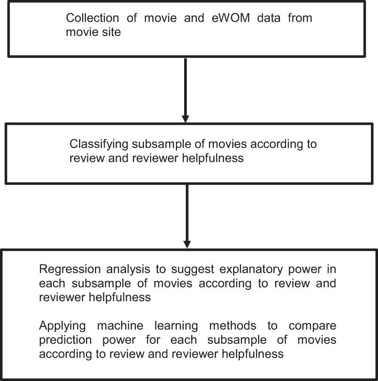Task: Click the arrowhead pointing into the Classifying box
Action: [185, 119]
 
